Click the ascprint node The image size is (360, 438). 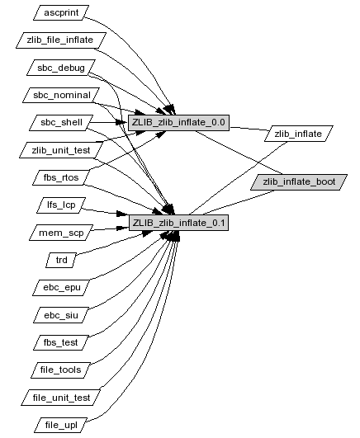[x=61, y=12]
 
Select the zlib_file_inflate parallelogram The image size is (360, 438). [x=61, y=40]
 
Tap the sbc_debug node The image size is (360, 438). [x=61, y=68]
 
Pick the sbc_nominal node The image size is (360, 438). [x=61, y=95]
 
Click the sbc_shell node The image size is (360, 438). [x=61, y=122]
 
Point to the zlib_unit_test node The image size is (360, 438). [x=61, y=150]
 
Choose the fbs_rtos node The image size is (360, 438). [x=61, y=177]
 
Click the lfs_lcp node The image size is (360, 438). [x=61, y=205]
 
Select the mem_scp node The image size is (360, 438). [x=61, y=233]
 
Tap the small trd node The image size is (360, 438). [x=61, y=260]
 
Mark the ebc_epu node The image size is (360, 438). [x=61, y=287]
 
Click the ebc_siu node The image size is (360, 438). [x=61, y=315]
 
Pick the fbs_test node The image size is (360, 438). [x=61, y=342]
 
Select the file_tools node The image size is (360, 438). [x=61, y=370]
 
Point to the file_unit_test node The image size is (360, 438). [x=61, y=398]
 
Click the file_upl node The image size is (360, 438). [x=61, y=425]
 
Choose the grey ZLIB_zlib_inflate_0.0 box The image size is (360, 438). [x=178, y=122]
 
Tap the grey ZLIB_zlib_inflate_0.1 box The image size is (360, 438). [x=178, y=223]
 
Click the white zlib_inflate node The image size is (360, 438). [x=298, y=134]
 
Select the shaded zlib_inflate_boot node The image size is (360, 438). [x=299, y=182]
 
